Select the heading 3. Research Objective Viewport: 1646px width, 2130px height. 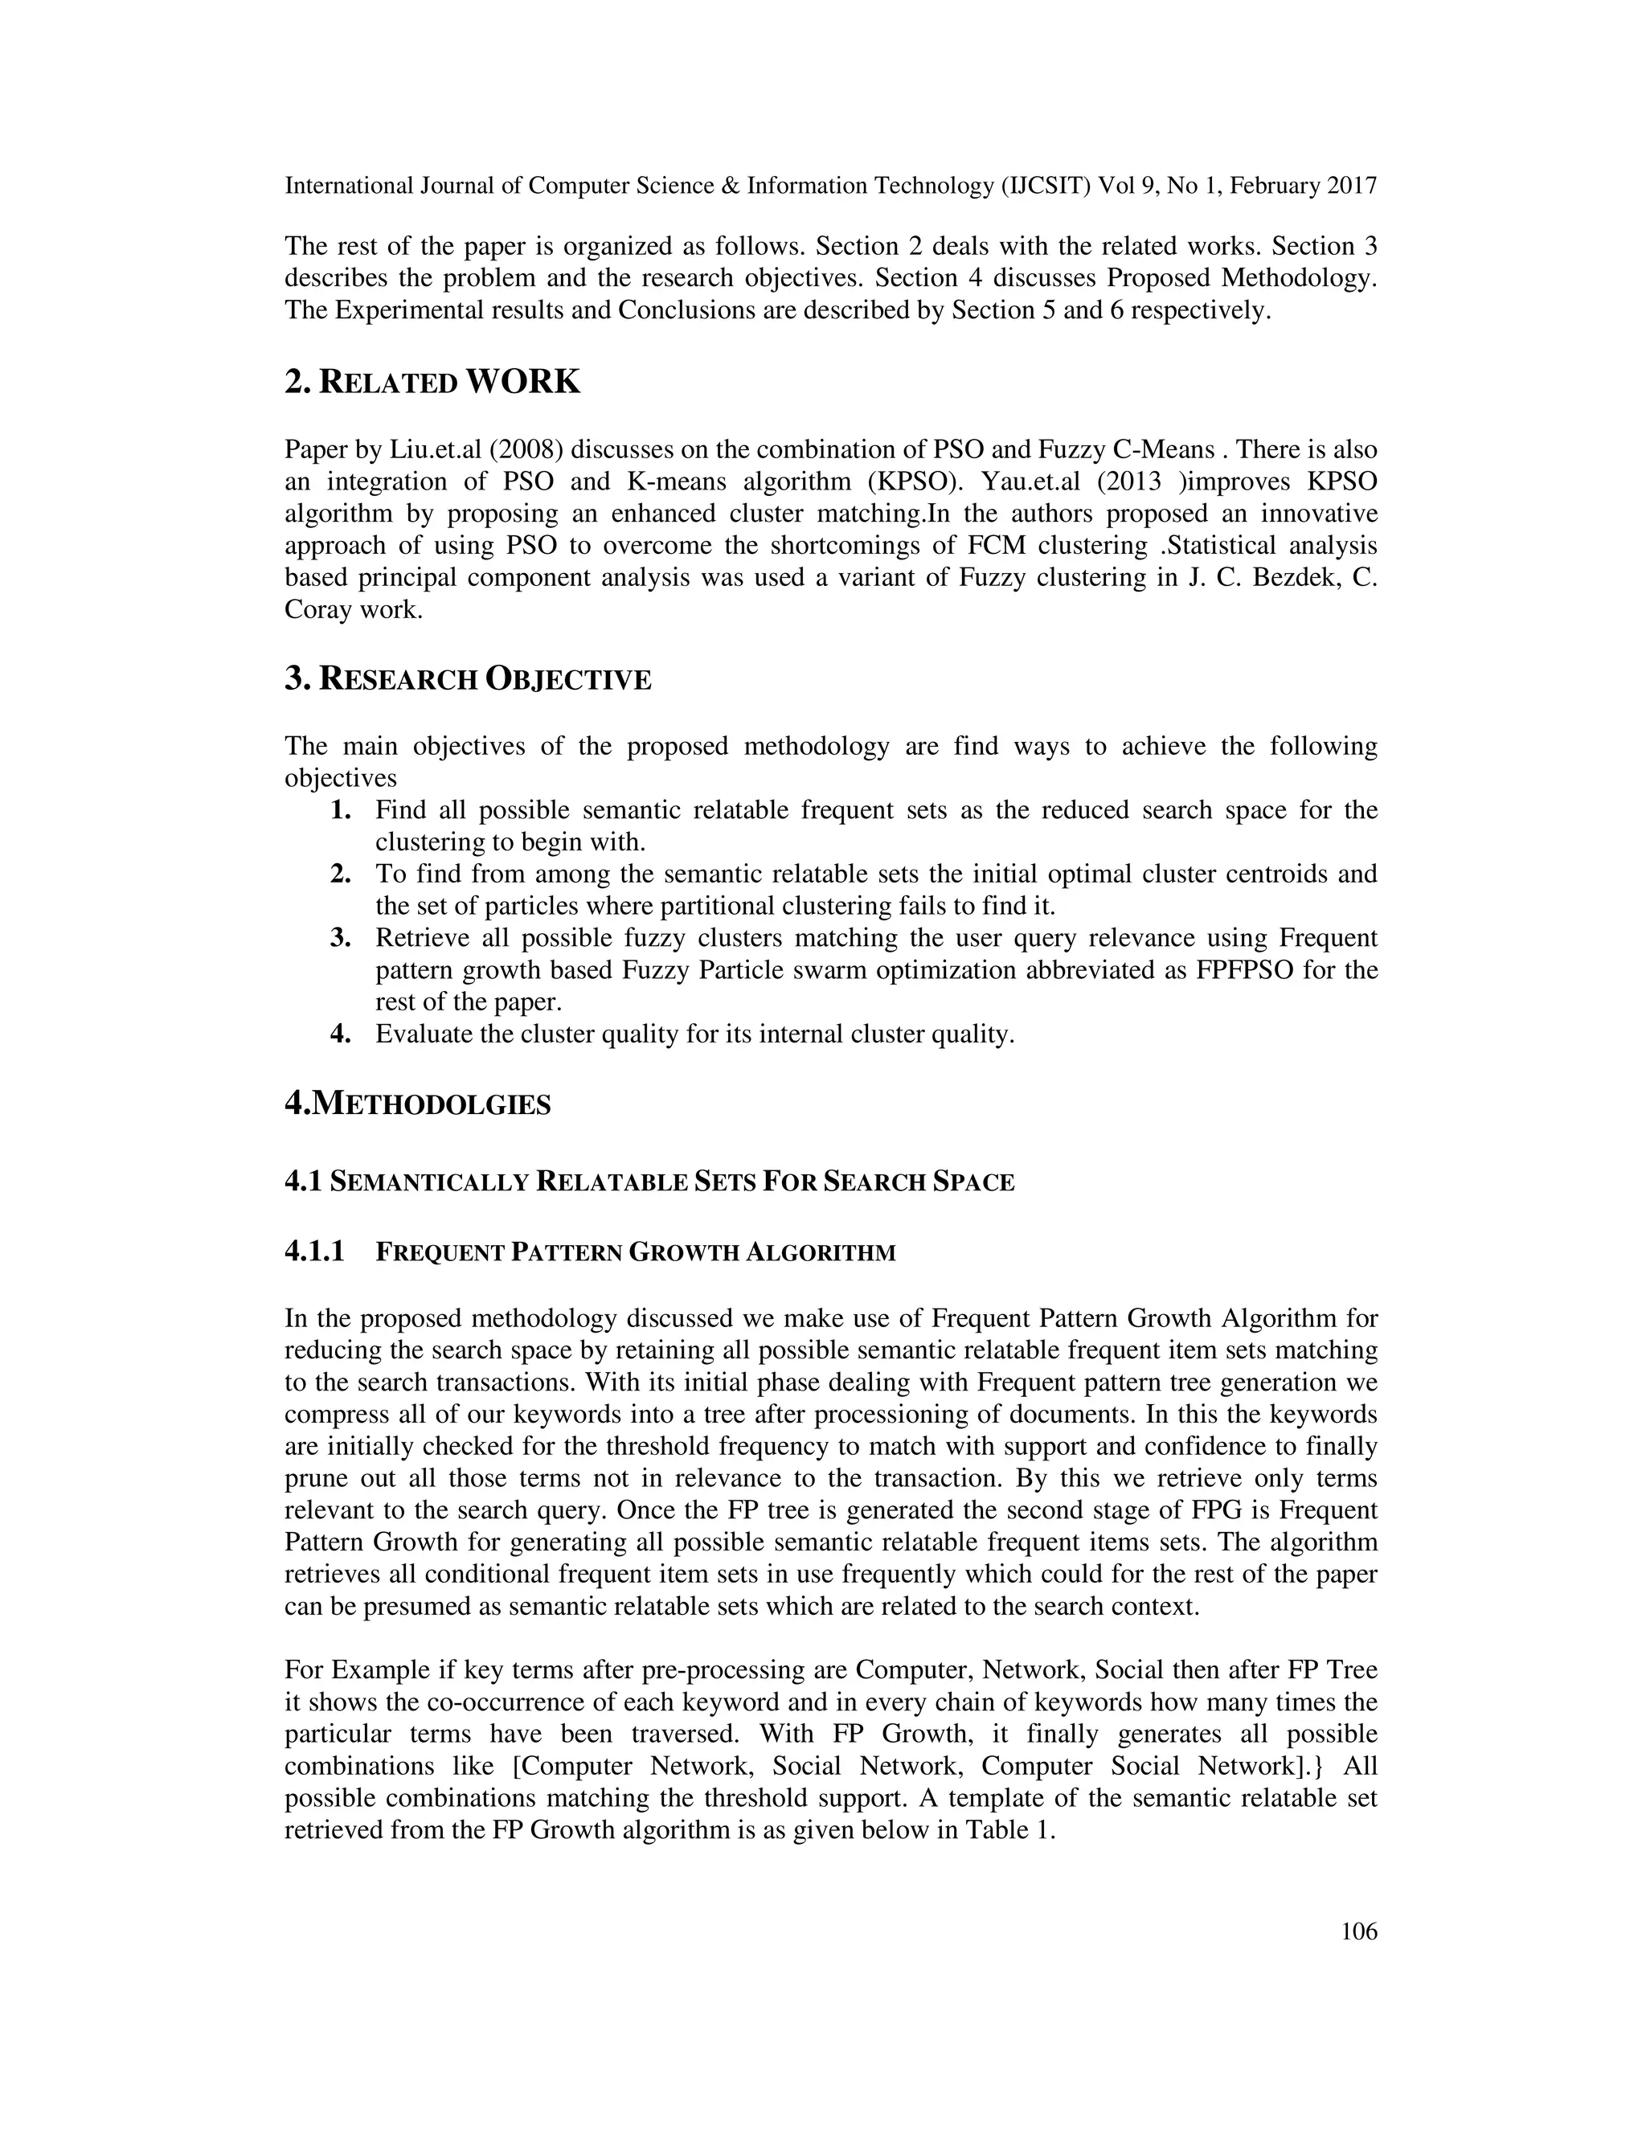point(467,679)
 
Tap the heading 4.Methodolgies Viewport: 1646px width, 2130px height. point(417,1104)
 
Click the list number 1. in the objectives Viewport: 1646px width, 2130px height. point(340,810)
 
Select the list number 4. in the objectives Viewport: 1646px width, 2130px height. point(340,1034)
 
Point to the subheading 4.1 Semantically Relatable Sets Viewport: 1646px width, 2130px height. point(649,1182)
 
